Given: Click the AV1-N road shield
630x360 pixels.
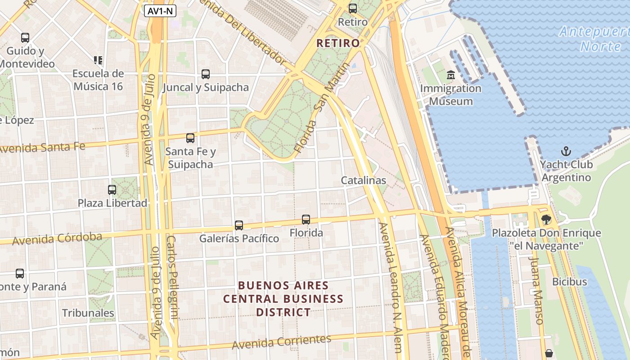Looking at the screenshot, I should pyautogui.click(x=160, y=11).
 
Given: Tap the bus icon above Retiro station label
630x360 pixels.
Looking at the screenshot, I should pyautogui.click(x=353, y=8).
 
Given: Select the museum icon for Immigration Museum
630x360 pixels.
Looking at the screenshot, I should pyautogui.click(x=450, y=75).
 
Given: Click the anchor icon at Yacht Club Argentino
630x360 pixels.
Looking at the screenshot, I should pyautogui.click(x=566, y=151).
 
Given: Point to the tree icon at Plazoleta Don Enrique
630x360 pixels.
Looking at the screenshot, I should pyautogui.click(x=546, y=220).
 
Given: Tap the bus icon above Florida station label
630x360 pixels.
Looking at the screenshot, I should pyautogui.click(x=306, y=219).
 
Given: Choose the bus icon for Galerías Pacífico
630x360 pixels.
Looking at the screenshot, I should pyautogui.click(x=239, y=225).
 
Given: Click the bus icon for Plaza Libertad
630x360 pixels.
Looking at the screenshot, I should pyautogui.click(x=112, y=190).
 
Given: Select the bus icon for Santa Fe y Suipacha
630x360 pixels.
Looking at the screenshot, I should pyautogui.click(x=190, y=138).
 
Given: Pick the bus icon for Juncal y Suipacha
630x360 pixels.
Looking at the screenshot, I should pyautogui.click(x=206, y=74).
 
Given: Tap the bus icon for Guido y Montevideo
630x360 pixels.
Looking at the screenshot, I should pyautogui.click(x=25, y=38).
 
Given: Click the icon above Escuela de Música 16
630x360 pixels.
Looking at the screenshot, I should pyautogui.click(x=98, y=60).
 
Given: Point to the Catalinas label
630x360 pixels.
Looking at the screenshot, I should pyautogui.click(x=363, y=180).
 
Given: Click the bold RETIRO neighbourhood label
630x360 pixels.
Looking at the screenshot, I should pyautogui.click(x=338, y=43).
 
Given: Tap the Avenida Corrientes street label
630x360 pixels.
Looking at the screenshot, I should pyautogui.click(x=281, y=342).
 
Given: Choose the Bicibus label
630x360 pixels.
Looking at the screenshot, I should pyautogui.click(x=569, y=282).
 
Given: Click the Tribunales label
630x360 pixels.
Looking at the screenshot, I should pyautogui.click(x=88, y=313).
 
